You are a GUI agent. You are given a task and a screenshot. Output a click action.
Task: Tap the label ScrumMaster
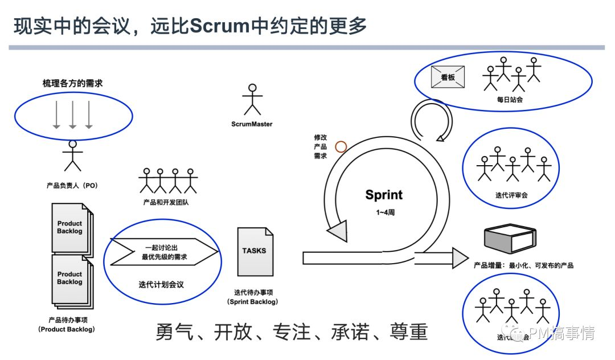(x=252, y=124)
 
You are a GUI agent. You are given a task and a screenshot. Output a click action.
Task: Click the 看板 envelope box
(x=448, y=77)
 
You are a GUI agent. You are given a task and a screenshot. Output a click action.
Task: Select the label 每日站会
(x=509, y=100)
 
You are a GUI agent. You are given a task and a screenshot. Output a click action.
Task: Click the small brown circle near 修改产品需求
(x=341, y=146)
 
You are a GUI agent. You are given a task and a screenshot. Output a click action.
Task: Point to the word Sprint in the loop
(x=384, y=195)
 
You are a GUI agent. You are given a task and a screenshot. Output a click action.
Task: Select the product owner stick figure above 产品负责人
(x=72, y=155)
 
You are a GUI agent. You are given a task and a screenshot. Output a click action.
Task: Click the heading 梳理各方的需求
(x=73, y=83)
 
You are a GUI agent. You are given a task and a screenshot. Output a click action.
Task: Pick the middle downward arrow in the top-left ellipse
(x=72, y=114)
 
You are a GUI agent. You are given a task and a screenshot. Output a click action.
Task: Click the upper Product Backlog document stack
(x=71, y=227)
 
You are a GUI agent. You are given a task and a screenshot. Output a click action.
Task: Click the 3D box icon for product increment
(x=510, y=239)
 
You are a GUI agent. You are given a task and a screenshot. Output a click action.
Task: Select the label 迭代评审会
(x=511, y=195)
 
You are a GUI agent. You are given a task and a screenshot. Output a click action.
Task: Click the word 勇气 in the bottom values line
(x=175, y=333)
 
